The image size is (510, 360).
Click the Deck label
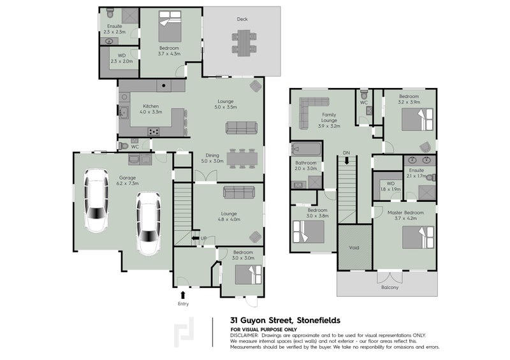coord(242,19)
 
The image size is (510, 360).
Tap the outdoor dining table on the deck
coord(243,43)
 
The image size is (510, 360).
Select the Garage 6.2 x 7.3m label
coord(128,180)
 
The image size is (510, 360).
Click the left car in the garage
coord(97,203)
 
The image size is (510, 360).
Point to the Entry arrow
coord(184,294)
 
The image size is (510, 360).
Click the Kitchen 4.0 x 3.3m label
coord(150,109)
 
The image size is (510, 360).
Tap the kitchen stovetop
coord(154,132)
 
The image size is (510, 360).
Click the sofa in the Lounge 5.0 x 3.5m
coord(241,128)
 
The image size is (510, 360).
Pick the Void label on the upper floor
coord(354,248)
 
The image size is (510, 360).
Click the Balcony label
coord(390,287)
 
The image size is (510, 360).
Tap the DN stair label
coord(346,153)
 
